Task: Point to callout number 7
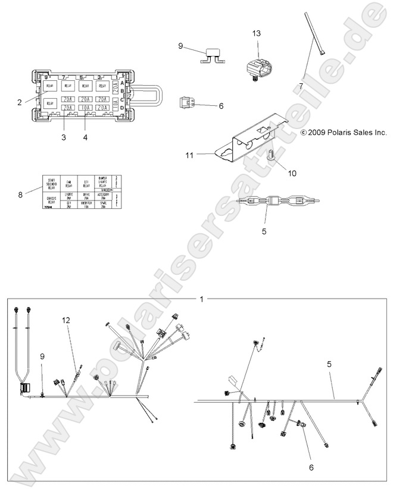click(x=301, y=86)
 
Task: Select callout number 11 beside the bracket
click(x=190, y=139)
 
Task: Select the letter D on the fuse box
click(x=123, y=108)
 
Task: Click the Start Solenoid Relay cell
click(x=51, y=181)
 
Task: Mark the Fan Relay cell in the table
click(x=69, y=181)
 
